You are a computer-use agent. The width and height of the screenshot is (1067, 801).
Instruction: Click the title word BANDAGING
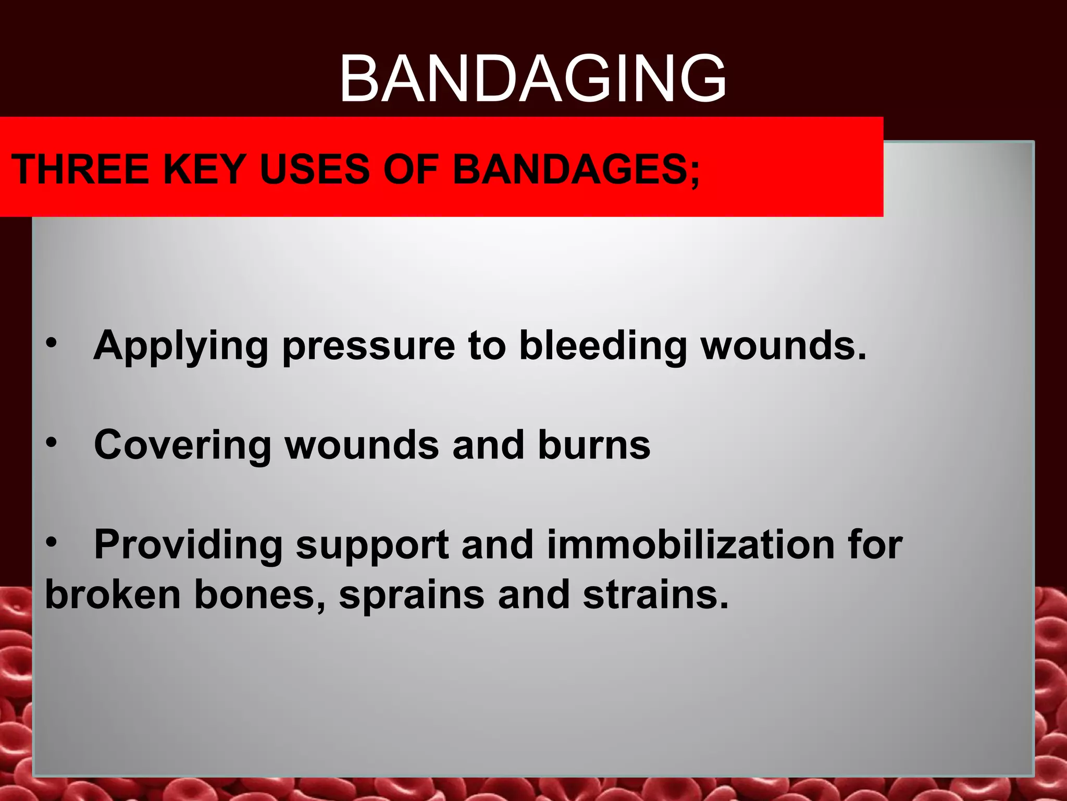coord(532,79)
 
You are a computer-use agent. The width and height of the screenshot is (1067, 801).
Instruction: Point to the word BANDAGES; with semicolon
coord(576,169)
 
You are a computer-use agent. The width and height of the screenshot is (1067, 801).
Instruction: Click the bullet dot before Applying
coord(51,343)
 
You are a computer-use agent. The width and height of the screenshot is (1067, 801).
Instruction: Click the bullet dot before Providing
coord(51,543)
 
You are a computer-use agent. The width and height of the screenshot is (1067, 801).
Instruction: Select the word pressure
coord(368,347)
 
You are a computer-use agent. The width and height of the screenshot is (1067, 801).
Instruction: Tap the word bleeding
coord(603,347)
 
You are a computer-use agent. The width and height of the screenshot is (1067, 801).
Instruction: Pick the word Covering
coord(182,446)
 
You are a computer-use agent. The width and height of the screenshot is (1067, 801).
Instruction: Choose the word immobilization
coord(691,544)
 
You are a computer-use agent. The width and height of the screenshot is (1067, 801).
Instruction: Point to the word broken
coord(113,594)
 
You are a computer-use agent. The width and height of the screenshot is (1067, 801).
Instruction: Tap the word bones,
coord(260,594)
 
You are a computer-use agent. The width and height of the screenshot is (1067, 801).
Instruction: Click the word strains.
coord(655,594)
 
